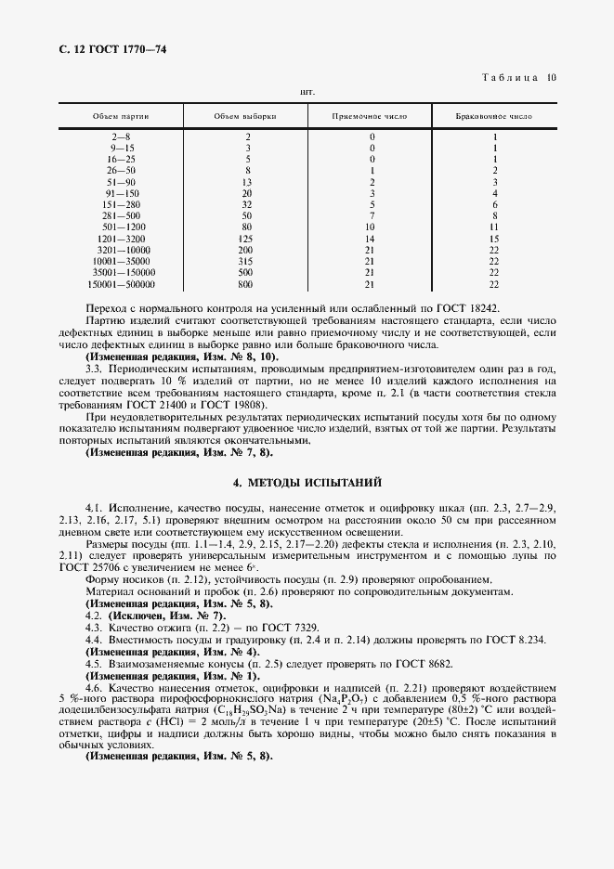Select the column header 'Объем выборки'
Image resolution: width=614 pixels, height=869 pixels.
click(245, 117)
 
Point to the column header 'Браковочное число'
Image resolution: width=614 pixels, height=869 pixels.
click(494, 117)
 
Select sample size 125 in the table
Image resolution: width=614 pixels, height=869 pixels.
click(247, 239)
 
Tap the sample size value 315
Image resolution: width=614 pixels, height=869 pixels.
click(247, 262)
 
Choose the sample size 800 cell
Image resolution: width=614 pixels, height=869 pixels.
click(247, 284)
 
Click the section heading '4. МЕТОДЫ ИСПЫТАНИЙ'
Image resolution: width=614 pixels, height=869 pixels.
click(307, 483)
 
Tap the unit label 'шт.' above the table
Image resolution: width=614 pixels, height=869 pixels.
click(307, 93)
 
